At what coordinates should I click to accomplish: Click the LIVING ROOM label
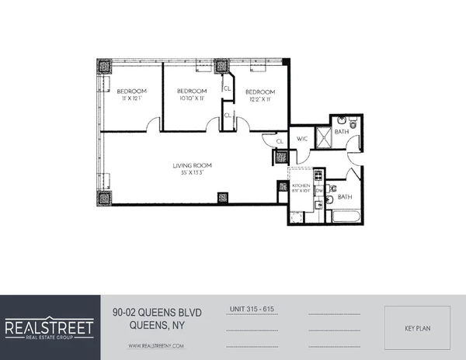pos(193,166)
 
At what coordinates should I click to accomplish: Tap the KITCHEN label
pos(301,186)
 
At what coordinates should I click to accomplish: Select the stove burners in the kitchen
pos(300,202)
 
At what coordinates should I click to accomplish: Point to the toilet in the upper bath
pos(351,122)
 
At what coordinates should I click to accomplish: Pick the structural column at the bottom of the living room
pos(223,198)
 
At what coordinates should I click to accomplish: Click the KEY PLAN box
pos(419,328)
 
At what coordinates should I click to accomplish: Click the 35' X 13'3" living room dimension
pos(193,175)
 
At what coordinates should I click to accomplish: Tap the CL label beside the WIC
pos(277,140)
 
